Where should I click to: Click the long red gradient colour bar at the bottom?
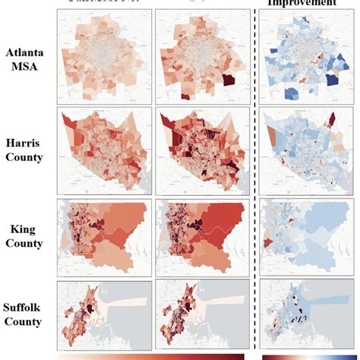click(x=152, y=355)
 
